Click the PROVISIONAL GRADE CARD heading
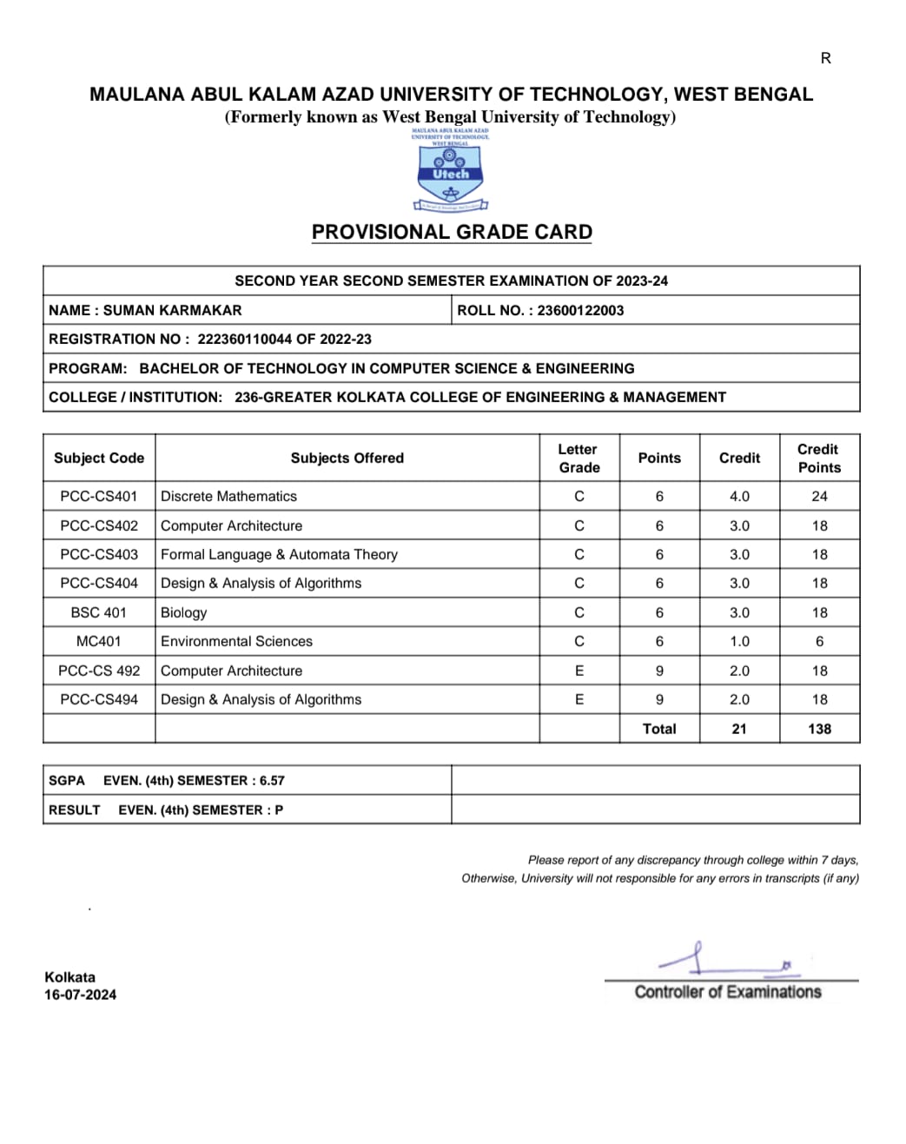tap(452, 232)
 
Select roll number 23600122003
tap(580, 310)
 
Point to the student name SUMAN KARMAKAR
tap(172, 310)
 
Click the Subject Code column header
tap(99, 458)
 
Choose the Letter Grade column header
tap(579, 458)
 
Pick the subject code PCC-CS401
tap(99, 496)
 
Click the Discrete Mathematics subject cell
tap(228, 496)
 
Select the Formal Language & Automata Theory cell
tap(279, 554)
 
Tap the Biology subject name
tap(184, 612)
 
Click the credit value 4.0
tap(739, 496)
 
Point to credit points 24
tap(819, 496)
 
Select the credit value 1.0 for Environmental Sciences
tap(739, 641)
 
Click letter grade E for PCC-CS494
tap(579, 699)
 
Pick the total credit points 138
tap(819, 729)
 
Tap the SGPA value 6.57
tap(272, 780)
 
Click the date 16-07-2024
tap(80, 995)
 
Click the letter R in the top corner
tap(825, 58)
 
